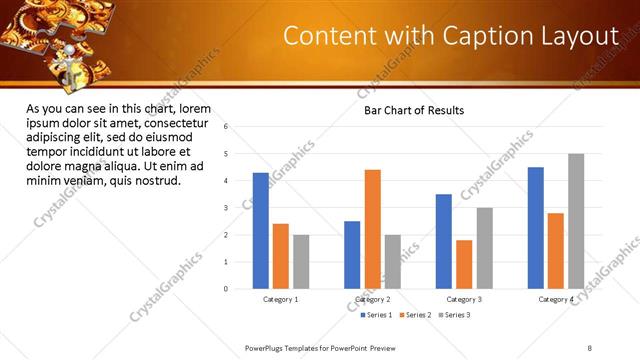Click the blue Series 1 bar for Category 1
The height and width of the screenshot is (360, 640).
pos(261,231)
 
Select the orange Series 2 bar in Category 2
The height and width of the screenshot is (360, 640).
pos(372,229)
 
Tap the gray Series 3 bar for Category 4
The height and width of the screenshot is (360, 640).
pos(576,221)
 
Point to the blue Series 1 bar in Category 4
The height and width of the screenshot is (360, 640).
pos(536,228)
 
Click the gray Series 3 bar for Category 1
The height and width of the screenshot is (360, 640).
pos(301,262)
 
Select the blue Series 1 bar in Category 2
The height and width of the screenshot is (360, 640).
pos(352,255)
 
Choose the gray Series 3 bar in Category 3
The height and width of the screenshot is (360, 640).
pos(484,248)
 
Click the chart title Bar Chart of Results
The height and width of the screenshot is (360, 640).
pos(413,110)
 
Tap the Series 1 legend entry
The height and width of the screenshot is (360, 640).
pos(377,315)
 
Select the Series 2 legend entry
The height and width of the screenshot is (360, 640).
pos(416,315)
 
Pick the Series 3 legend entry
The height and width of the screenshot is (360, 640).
pos(455,315)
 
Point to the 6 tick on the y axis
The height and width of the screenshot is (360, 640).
pos(227,127)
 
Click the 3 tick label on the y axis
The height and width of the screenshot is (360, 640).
pos(227,208)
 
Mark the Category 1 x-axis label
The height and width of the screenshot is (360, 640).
pos(281,299)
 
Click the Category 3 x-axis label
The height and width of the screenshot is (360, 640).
pos(463,299)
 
